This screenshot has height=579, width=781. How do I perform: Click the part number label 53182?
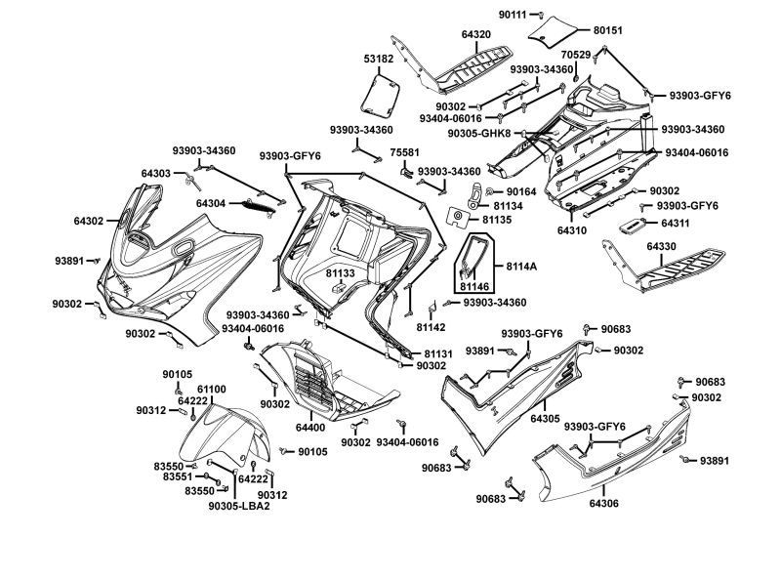[x=378, y=59]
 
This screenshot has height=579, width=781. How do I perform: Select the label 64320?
[x=476, y=34]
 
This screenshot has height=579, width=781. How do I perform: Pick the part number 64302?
[x=90, y=221]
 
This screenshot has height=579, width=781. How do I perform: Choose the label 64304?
[x=211, y=203]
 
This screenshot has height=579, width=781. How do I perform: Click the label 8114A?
[x=521, y=266]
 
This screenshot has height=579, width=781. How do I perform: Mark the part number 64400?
[x=310, y=428]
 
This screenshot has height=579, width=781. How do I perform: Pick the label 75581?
[x=405, y=152]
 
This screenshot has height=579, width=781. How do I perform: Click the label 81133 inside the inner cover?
[x=341, y=274]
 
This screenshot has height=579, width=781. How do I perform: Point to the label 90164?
[x=522, y=191]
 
